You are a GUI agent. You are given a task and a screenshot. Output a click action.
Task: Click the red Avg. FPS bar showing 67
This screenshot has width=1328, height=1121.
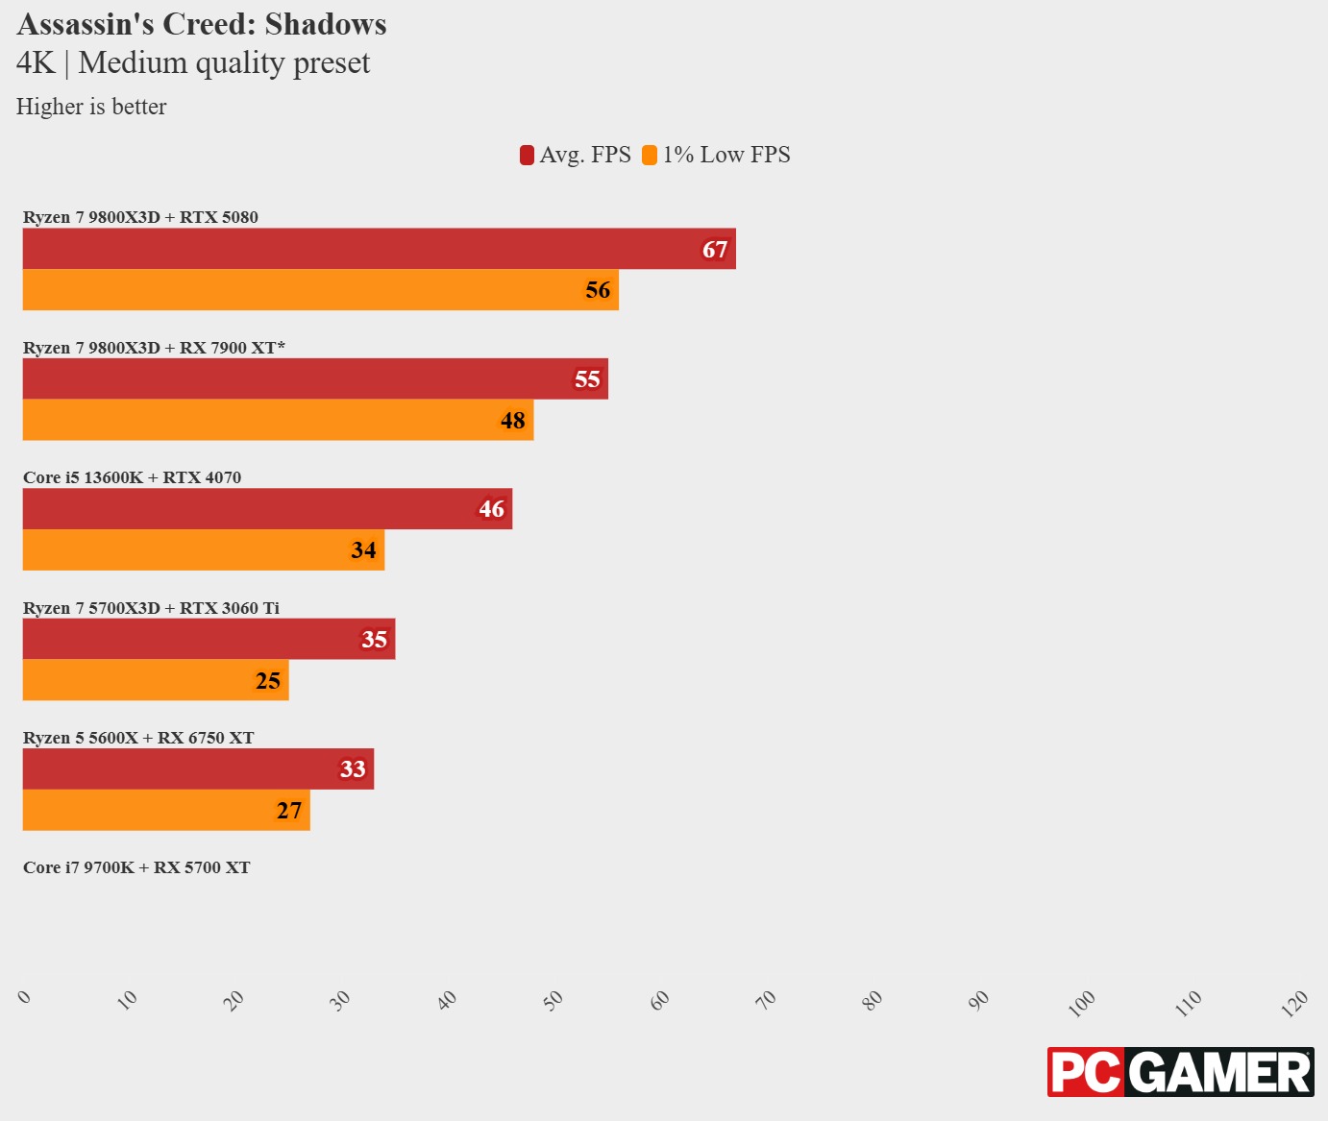coord(379,249)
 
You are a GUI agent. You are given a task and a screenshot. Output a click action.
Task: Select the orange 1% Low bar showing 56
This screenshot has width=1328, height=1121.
coord(320,290)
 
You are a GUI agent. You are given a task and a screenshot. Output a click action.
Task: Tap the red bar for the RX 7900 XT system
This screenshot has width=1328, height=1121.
coord(315,379)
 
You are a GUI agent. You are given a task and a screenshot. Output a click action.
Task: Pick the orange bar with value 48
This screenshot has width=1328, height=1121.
coord(278,421)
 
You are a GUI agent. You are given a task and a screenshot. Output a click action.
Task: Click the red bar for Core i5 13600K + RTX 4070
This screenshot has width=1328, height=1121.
coord(267,509)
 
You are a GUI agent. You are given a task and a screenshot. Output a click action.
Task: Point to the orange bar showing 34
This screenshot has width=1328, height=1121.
coord(203,550)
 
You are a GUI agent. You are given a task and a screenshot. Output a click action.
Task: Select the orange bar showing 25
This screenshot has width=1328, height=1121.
coord(156,680)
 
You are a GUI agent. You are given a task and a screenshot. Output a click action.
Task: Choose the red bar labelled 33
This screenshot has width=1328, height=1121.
coord(198,769)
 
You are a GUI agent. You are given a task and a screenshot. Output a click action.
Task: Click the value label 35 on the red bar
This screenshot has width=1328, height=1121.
coord(374,640)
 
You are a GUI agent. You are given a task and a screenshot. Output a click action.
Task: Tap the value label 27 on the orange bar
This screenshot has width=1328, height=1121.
coord(289,811)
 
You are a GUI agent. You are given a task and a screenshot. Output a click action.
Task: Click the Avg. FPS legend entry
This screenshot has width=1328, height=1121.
coord(576,155)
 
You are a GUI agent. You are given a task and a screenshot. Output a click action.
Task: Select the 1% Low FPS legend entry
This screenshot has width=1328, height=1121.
coord(717,155)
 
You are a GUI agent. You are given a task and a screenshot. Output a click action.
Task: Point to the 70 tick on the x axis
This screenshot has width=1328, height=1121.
coord(766,1000)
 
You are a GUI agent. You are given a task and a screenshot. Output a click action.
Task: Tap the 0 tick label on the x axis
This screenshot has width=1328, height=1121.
coord(25,997)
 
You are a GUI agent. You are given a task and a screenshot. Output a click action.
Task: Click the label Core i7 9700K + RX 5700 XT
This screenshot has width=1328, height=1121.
coord(136,867)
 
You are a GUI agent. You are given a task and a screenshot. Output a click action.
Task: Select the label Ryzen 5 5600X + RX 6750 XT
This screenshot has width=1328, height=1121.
coord(138,738)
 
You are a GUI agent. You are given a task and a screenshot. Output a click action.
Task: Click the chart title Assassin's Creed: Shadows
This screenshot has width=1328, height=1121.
coord(202,24)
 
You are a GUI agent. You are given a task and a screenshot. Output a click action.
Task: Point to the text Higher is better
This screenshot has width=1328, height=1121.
coord(91,107)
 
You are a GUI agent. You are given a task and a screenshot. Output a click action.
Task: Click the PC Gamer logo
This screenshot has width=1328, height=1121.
coord(1180,1072)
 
